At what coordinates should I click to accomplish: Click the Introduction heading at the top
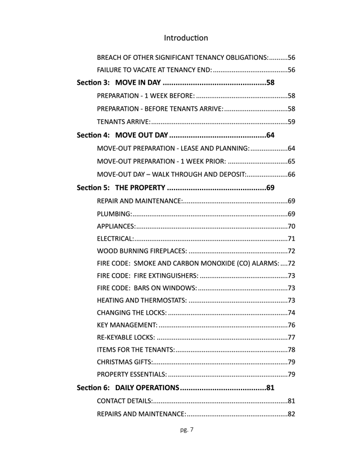[186, 38]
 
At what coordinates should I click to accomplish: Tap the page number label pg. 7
[187, 429]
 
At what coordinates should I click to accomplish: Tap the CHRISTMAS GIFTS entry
[125, 362]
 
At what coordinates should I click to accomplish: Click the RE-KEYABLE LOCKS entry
[126, 337]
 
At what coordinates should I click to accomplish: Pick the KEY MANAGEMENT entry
[127, 325]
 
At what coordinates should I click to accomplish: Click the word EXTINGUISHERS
[173, 276]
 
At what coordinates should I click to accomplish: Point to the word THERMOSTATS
[163, 300]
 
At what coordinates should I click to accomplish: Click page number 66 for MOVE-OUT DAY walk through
[291, 175]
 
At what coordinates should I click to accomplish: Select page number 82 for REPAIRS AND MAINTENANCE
[291, 414]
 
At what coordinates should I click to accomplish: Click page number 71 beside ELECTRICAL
[291, 239]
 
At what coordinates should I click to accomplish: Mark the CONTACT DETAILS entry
[125, 401]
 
